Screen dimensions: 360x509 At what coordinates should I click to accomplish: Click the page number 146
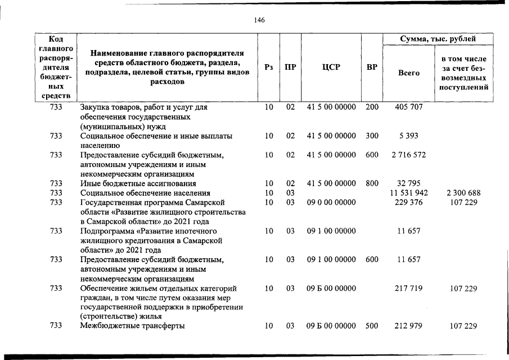[x=259, y=20]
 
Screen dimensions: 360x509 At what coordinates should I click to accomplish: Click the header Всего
[x=409, y=73]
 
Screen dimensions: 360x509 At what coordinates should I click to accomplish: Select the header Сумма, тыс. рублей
[x=438, y=39]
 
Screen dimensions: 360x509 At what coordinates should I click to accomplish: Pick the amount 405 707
[x=409, y=106]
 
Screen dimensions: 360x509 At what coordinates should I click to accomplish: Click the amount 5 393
[x=409, y=136]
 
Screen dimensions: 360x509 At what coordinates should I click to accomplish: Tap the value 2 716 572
[x=409, y=155]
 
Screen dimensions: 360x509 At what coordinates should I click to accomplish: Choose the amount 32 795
[x=409, y=183]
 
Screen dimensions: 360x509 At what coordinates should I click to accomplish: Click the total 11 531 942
[x=409, y=193]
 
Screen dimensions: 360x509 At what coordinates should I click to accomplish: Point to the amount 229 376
[x=409, y=202]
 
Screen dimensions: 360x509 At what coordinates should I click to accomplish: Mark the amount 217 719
[x=409, y=289]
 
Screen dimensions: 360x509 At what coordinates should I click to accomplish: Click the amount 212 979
[x=409, y=326]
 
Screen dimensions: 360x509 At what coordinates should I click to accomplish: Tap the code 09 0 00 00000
[x=331, y=202]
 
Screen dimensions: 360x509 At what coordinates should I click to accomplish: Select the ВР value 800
[x=372, y=183]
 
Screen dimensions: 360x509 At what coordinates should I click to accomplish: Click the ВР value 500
[x=372, y=326]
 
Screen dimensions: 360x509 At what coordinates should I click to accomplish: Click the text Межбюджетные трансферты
[x=133, y=326]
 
